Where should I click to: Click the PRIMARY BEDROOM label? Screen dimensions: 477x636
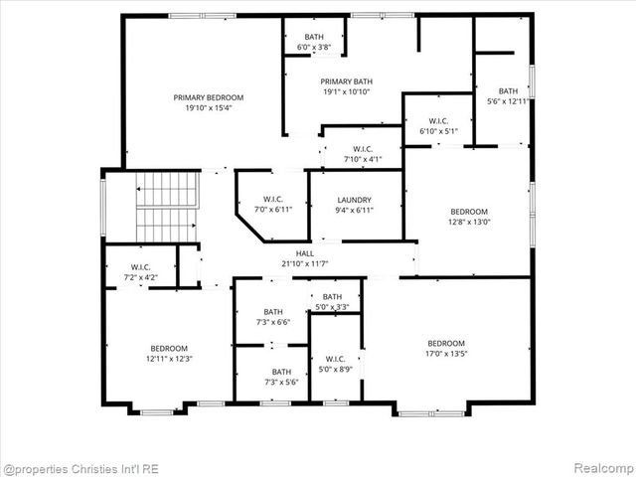point(209,97)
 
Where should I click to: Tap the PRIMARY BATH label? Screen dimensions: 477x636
point(345,81)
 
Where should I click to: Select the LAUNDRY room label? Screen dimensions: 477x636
point(354,200)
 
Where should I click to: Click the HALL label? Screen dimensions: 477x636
point(304,254)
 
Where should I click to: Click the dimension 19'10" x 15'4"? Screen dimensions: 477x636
point(209,108)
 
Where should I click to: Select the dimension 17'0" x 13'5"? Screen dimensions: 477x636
point(446,354)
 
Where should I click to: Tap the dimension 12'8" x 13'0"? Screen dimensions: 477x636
point(469,222)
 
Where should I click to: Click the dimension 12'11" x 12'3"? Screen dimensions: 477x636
point(169,359)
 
